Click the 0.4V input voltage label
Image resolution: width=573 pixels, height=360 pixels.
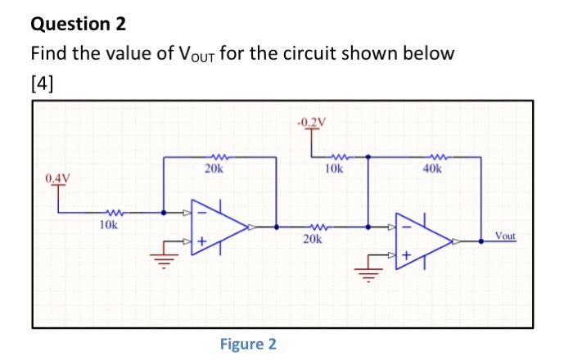coord(58,177)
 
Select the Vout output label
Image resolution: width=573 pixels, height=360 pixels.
coord(505,236)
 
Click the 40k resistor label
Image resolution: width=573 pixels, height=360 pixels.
coord(432,170)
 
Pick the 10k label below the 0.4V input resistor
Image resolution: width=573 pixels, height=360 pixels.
coord(109,223)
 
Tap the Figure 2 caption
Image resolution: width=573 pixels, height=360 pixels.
coord(248,344)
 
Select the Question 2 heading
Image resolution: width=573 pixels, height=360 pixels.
coord(79,25)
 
